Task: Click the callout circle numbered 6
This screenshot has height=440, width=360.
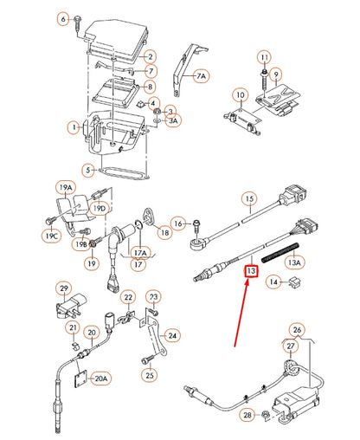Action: (x=62, y=18)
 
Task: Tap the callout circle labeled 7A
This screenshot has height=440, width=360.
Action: (x=201, y=76)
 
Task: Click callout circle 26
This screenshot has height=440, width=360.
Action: (x=298, y=330)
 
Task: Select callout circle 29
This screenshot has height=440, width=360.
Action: (x=63, y=288)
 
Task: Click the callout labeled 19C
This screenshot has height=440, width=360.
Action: (x=50, y=236)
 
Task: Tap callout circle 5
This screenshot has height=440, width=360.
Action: (x=87, y=170)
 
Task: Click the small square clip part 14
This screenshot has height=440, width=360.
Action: (x=297, y=281)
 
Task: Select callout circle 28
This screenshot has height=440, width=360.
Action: (x=249, y=417)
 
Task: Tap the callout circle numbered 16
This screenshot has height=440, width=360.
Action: (x=178, y=224)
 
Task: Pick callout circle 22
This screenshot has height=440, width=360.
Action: (x=128, y=297)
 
